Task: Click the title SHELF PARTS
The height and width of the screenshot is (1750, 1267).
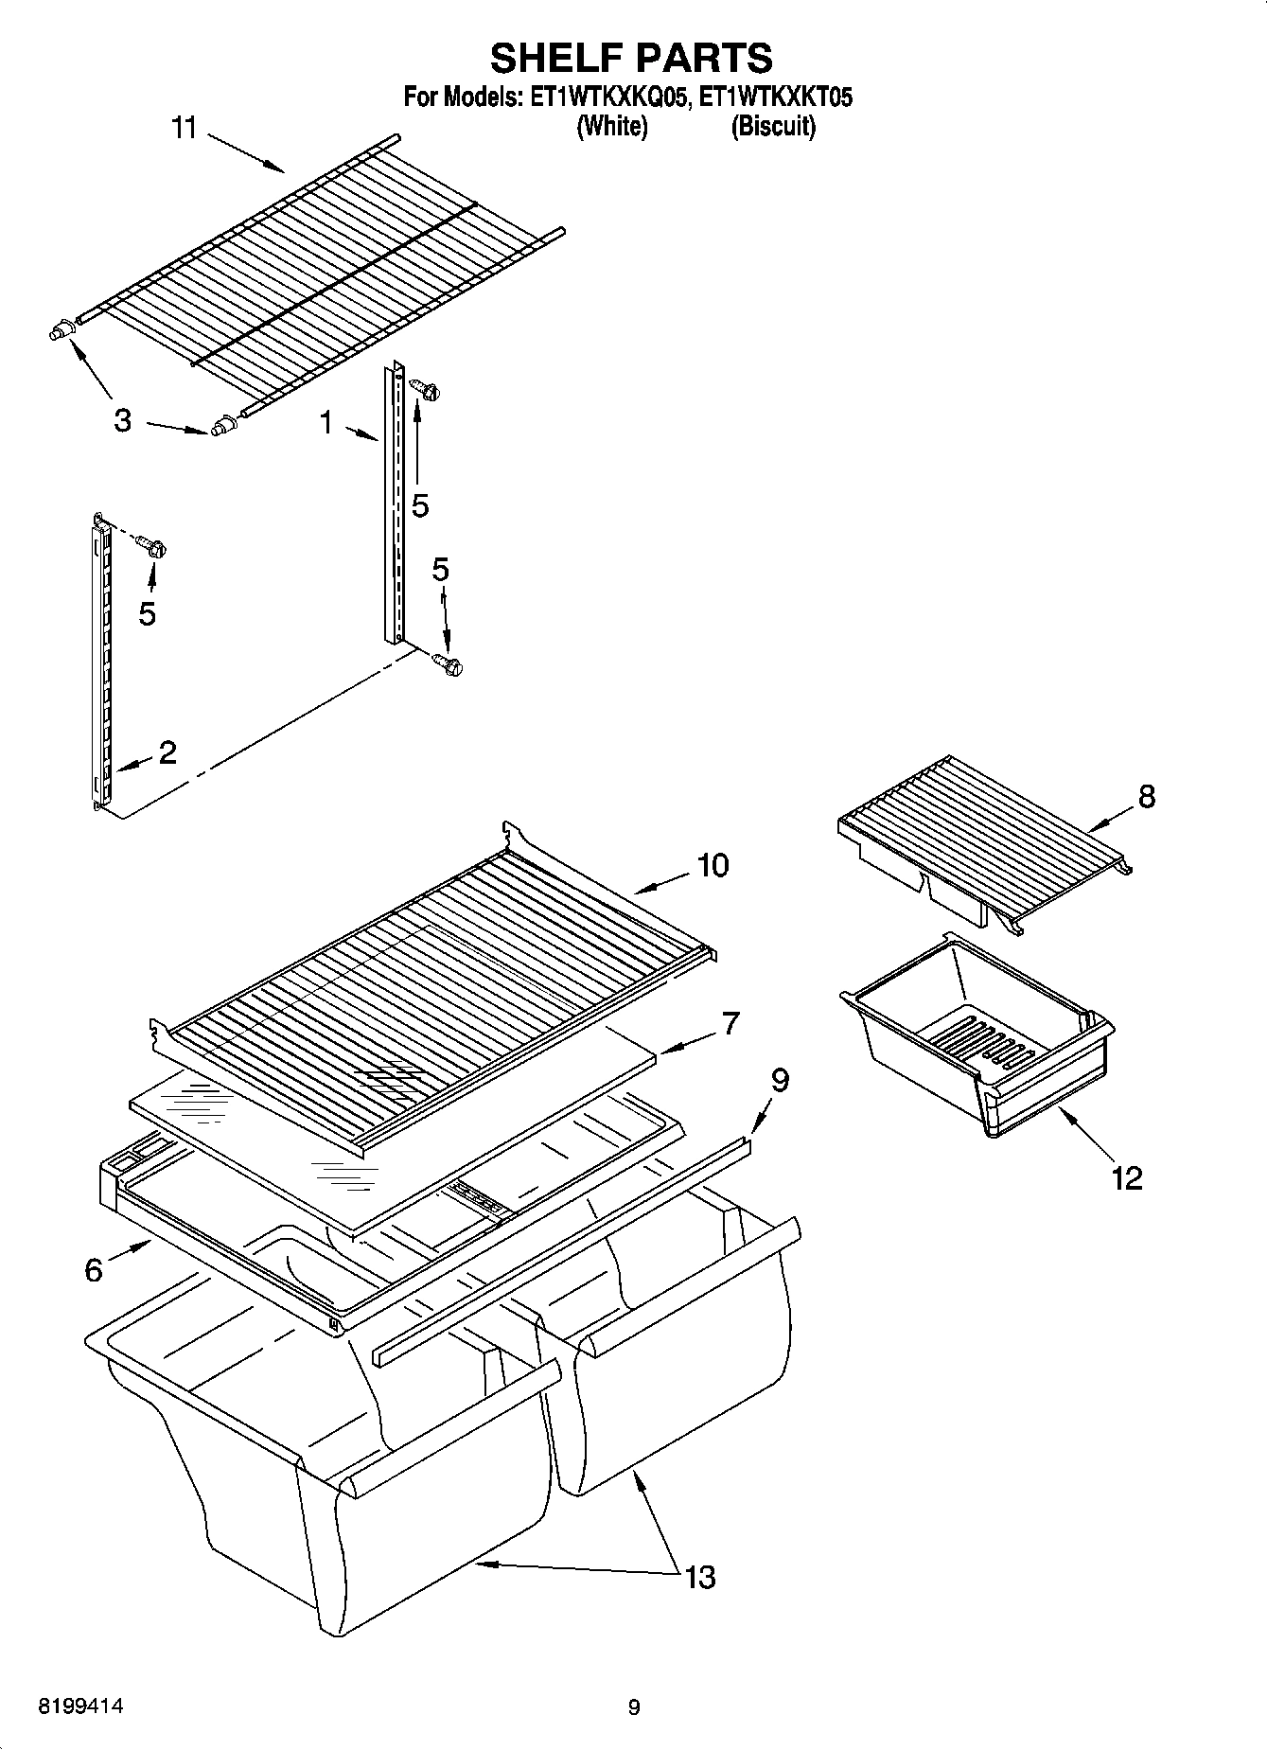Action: (x=631, y=58)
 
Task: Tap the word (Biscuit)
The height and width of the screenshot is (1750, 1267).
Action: (x=772, y=126)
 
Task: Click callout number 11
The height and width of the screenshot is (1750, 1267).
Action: (x=184, y=128)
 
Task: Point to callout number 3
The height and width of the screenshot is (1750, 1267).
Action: (x=122, y=420)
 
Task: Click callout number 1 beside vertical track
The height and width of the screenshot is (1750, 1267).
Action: (x=326, y=423)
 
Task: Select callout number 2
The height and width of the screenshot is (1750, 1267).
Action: (x=167, y=752)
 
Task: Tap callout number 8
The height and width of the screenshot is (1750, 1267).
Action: (x=1146, y=797)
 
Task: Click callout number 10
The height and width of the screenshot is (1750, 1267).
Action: (x=713, y=865)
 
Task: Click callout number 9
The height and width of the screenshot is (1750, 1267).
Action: (x=780, y=1080)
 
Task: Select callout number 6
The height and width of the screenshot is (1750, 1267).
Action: (x=94, y=1269)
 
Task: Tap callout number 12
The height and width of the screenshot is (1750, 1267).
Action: (x=1127, y=1178)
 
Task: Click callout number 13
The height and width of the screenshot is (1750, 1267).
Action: (x=700, y=1577)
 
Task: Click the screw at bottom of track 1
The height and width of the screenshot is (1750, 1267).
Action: (x=449, y=665)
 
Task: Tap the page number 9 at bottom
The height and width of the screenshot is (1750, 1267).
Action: (x=633, y=1707)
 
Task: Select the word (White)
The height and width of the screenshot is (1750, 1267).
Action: (x=612, y=126)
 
